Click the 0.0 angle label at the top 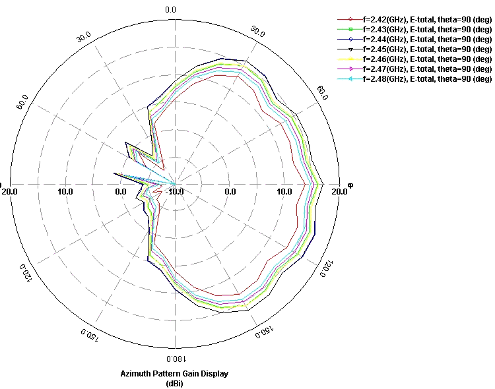click(x=170, y=10)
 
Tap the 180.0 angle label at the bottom click(x=174, y=359)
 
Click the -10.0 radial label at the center click(x=176, y=192)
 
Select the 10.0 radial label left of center click(x=65, y=192)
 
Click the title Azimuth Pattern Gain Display click(x=174, y=374)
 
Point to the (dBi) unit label click(x=174, y=383)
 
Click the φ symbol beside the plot click(x=350, y=185)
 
